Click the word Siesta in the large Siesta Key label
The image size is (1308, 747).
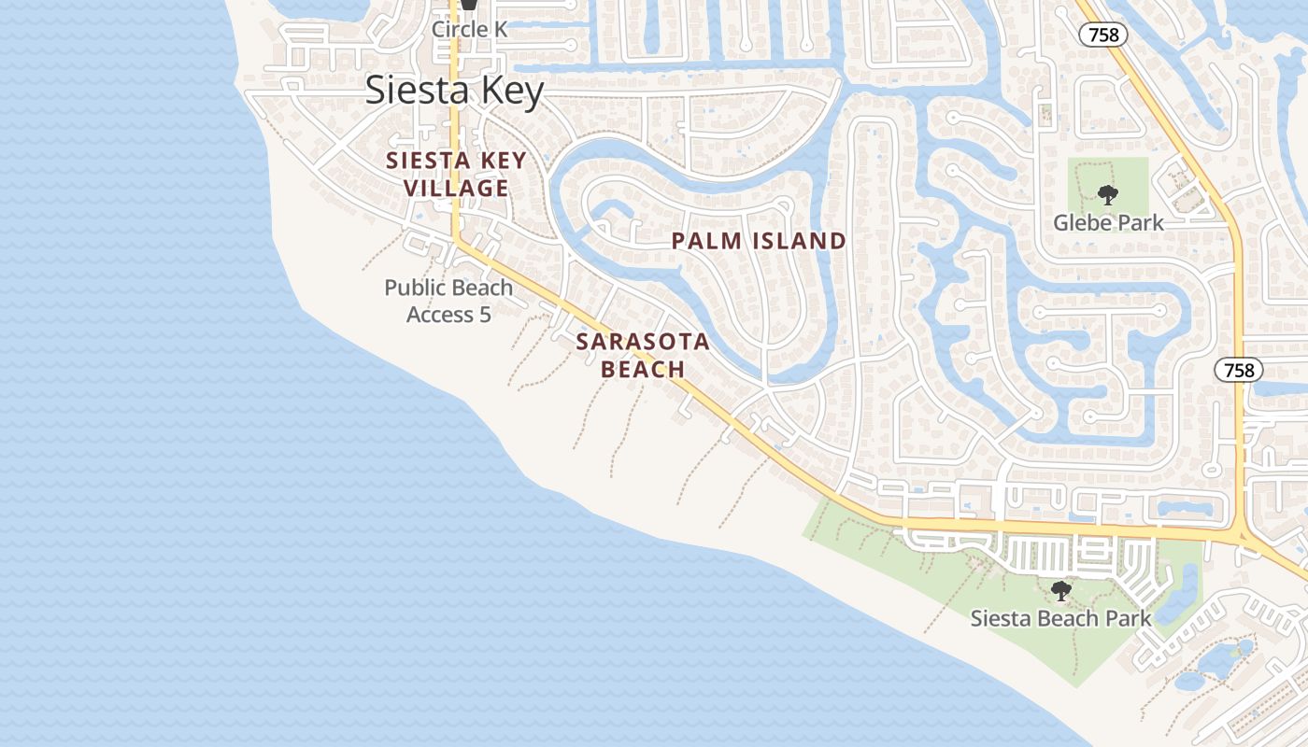coord(410,91)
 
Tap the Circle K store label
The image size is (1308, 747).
coord(469,29)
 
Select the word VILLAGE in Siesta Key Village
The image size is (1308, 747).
coord(456,189)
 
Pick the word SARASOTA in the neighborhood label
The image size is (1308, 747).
coord(643,342)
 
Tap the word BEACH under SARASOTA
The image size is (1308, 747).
coord(643,370)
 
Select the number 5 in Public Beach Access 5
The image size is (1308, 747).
coord(485,315)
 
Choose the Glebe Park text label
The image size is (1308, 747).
coord(1108,222)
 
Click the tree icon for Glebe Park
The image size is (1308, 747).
coord(1108,195)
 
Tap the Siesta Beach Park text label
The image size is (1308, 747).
coord(1060,618)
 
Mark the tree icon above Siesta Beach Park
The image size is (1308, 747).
coord(1060,591)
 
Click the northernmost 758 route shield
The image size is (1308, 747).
coord(1103,35)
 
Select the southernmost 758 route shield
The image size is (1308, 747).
coord(1239,370)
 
